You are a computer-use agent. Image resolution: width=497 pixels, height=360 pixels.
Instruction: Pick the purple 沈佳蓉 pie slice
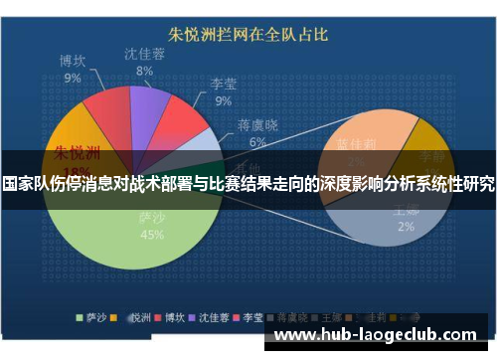tap(149, 103)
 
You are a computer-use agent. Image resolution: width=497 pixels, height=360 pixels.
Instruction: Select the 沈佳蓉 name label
tap(145, 54)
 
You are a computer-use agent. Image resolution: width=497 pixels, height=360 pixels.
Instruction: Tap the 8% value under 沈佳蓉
tap(145, 72)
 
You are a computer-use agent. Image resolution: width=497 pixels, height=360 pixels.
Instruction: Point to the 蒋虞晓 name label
tap(258, 125)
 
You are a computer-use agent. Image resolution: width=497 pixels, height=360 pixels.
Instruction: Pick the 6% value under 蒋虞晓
tap(258, 142)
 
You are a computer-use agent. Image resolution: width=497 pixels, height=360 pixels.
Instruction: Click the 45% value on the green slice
tap(152, 236)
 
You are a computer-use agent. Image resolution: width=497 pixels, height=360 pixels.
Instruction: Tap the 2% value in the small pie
tap(406, 227)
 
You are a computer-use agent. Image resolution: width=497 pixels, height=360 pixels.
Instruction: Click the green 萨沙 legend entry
tap(93, 318)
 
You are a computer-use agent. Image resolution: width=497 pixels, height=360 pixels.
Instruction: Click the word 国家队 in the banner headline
tap(28, 184)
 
